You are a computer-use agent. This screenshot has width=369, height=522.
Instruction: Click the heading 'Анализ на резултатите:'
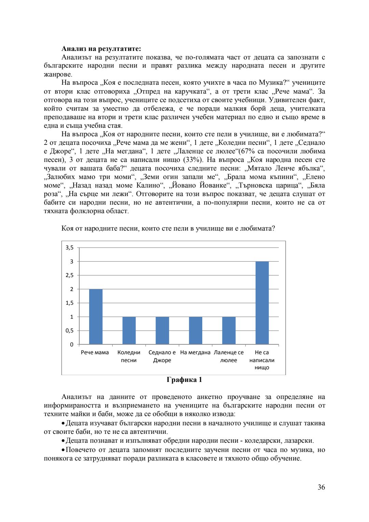101,49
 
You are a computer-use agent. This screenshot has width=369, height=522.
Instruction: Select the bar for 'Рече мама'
96,317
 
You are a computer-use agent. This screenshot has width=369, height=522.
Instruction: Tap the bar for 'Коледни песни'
129,330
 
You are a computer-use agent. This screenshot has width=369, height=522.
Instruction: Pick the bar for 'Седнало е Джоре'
162,330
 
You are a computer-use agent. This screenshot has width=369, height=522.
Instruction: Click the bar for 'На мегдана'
195,330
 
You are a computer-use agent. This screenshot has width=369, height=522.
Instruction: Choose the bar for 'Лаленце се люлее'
229,330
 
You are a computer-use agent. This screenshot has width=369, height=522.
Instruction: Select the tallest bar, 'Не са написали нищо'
262,303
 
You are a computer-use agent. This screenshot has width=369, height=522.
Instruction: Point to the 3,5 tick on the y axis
69,248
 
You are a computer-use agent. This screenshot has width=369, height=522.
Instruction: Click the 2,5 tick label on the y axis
69,275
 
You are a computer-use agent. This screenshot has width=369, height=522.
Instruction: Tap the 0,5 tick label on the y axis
69,331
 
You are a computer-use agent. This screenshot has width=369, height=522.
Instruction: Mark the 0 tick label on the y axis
72,344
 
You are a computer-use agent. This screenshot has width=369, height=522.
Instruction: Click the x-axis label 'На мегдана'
195,353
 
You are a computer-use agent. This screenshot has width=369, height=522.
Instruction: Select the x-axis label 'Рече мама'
95,353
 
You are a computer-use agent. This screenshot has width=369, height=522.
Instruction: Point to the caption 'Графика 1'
184,380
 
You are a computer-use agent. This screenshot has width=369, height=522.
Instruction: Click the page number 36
321,487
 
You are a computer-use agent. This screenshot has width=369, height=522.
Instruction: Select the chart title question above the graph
168,229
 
